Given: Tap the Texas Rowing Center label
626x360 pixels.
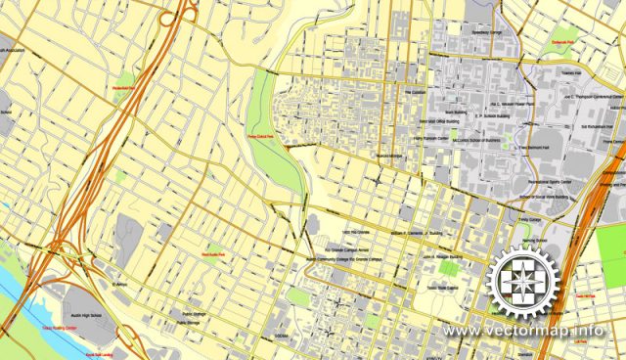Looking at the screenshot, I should [x=59, y=329].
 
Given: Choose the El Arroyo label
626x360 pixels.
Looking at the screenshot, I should [x=119, y=286].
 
